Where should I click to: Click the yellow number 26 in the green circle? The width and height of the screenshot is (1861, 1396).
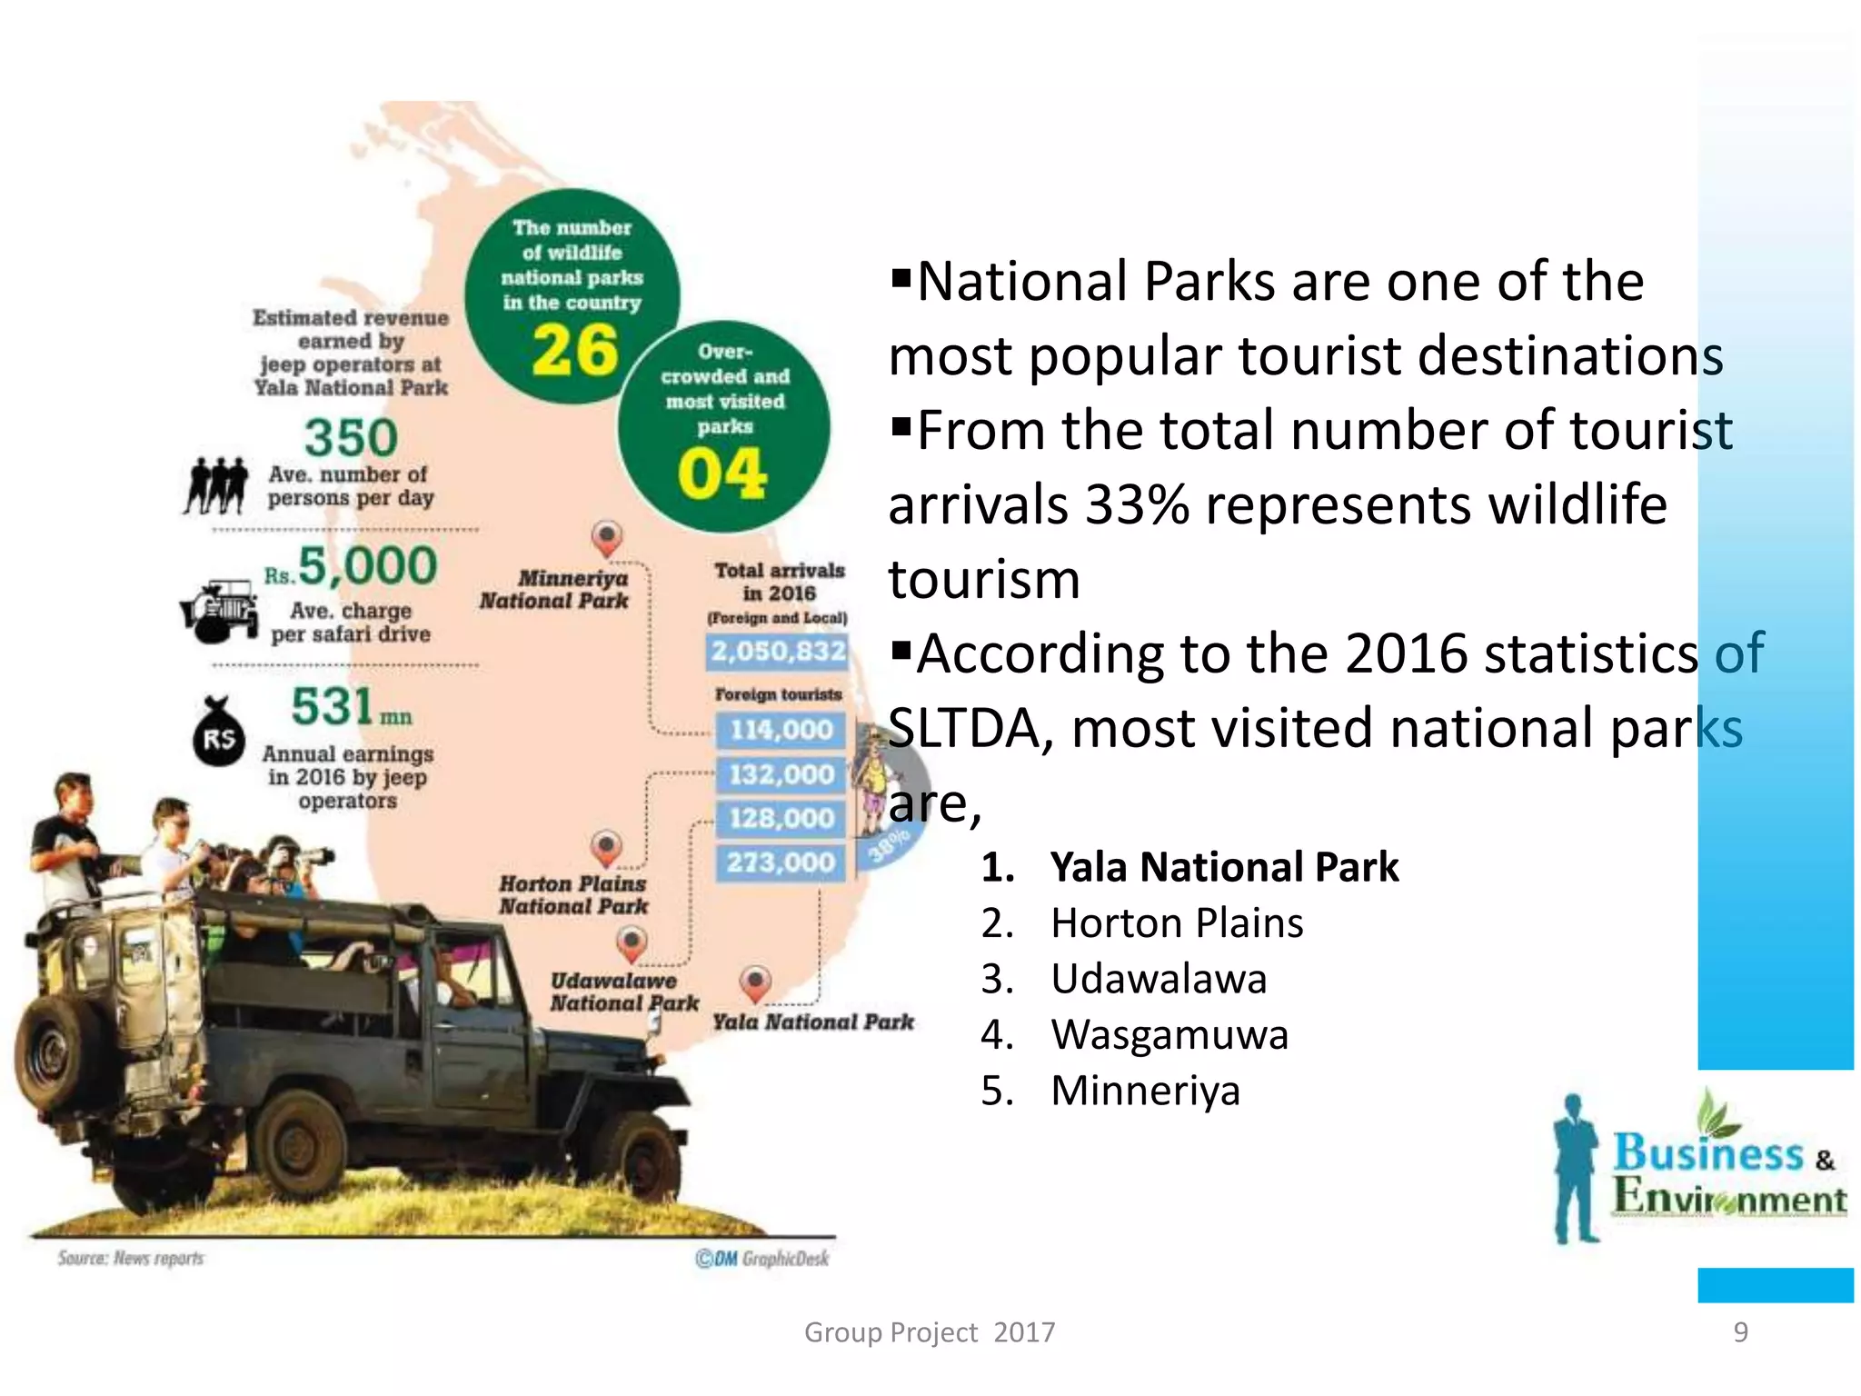[574, 350]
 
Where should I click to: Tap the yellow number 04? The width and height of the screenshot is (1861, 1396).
[722, 474]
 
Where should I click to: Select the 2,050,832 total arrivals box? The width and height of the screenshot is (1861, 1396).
[778, 651]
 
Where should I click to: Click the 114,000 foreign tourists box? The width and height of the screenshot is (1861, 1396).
[781, 730]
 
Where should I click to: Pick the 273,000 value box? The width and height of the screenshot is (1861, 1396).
[781, 862]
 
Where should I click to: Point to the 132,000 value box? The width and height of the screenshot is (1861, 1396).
[781, 774]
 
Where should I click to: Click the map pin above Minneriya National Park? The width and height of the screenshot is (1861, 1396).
[607, 537]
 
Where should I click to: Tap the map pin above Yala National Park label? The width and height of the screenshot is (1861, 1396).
[755, 982]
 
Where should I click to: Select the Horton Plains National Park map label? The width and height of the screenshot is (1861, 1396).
[573, 894]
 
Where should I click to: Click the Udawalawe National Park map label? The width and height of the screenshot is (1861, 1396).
[624, 992]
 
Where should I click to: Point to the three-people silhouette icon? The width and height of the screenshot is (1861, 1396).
[216, 485]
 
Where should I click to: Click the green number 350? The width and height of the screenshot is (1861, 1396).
[351, 437]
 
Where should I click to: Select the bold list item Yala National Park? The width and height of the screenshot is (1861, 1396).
[1223, 867]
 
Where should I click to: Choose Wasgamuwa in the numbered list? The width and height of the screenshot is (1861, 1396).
[1169, 1034]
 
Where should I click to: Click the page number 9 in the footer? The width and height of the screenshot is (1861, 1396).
[1740, 1331]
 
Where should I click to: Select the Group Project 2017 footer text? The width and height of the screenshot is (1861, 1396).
[930, 1331]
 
